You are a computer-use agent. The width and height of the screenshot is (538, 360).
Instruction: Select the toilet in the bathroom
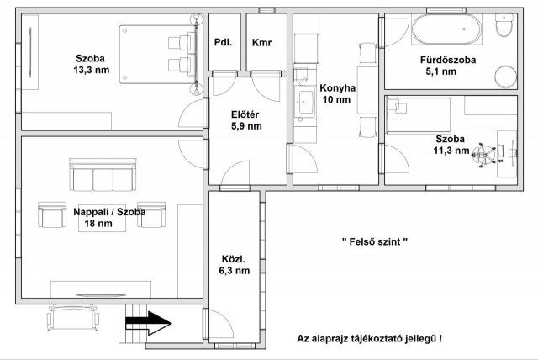505,29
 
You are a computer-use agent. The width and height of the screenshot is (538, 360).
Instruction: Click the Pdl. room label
223,42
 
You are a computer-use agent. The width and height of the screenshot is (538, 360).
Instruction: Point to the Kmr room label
261,42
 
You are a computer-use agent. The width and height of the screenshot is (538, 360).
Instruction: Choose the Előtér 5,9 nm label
246,119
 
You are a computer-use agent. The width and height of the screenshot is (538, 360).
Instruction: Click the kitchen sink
302,106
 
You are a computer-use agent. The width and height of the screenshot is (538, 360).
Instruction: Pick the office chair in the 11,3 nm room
481,154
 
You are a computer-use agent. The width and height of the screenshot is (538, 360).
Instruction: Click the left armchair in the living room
52,216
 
